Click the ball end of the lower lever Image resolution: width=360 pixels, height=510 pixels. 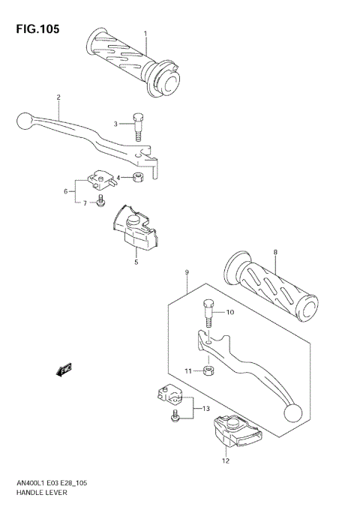[x=292, y=411]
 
